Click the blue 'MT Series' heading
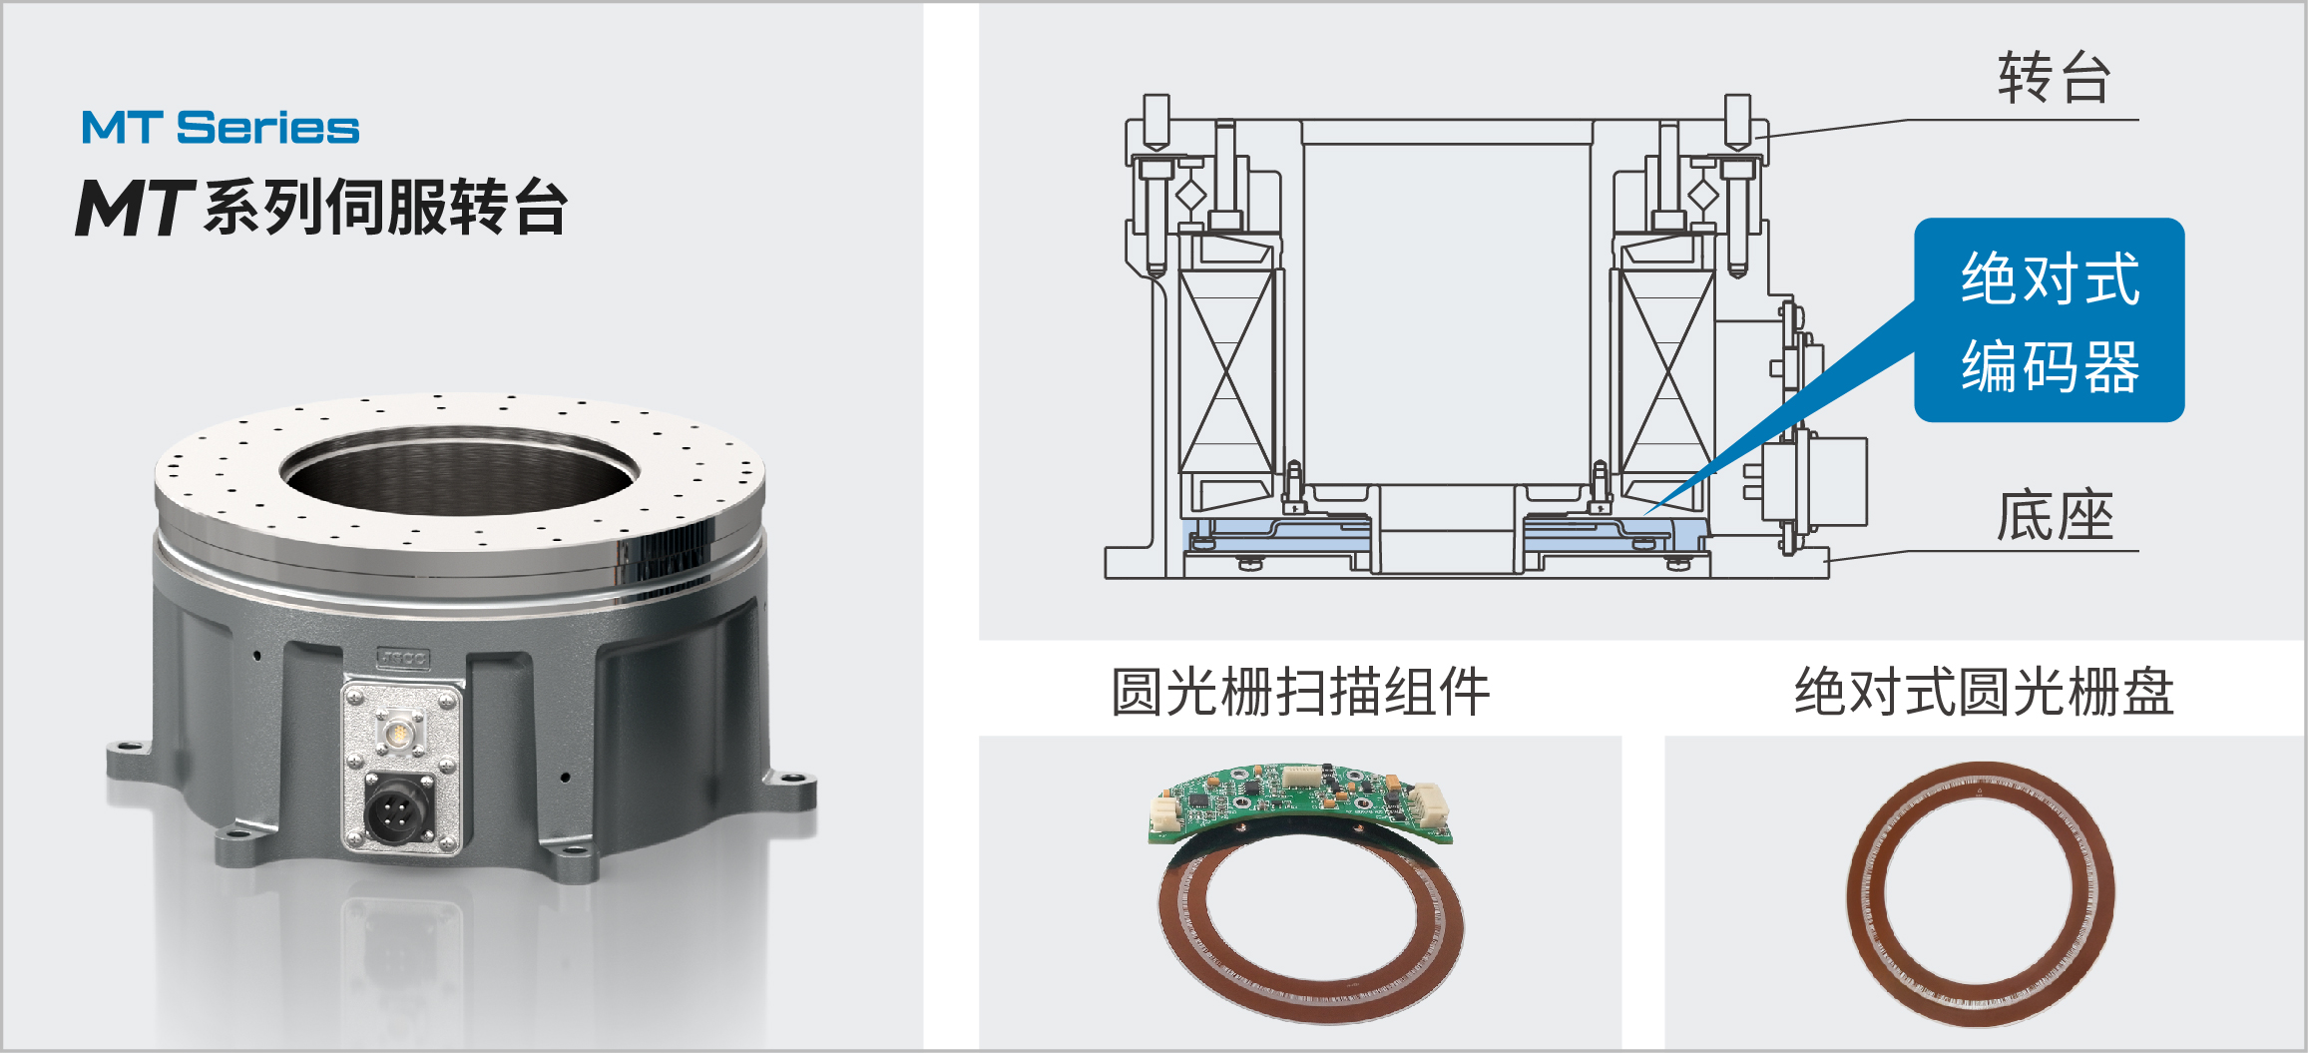221,128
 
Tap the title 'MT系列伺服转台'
322,207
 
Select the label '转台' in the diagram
2054,78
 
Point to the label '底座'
2055,516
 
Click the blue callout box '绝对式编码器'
2049,320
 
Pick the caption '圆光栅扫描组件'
1300,692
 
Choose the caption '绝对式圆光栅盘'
1984,692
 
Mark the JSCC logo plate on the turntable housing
403,659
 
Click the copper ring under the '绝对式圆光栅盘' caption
1980,894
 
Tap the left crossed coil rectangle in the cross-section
1226,370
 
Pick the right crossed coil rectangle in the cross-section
1667,370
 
